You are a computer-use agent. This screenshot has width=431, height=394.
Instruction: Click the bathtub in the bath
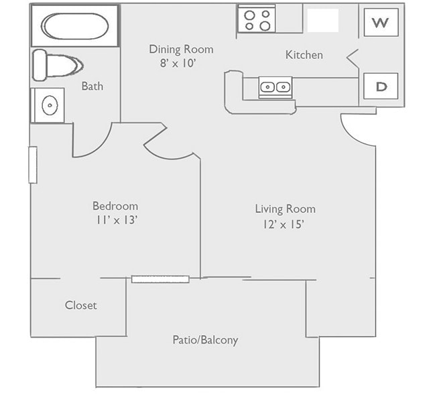[x=74, y=26]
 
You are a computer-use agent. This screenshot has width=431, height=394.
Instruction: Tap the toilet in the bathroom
[x=56, y=65]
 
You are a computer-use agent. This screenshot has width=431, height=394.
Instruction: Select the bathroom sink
[x=48, y=105]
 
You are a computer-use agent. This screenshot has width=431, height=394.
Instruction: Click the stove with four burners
[x=257, y=19]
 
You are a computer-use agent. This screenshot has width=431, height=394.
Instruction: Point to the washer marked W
[x=381, y=23]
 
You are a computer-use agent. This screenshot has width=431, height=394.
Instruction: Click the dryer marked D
[x=381, y=86]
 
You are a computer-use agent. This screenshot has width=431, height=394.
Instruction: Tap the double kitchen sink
[x=275, y=86]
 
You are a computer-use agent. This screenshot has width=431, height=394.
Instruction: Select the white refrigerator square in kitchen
[x=322, y=20]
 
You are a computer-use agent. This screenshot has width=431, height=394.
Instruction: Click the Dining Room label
[x=181, y=49]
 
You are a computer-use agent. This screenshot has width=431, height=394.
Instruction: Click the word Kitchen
[x=304, y=55]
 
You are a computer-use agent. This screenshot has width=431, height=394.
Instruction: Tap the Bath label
[x=93, y=86]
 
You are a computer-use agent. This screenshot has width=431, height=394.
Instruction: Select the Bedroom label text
[x=115, y=206]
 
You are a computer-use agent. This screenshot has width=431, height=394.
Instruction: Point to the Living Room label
[x=285, y=208]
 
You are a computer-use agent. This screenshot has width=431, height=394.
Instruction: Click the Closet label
[x=81, y=305]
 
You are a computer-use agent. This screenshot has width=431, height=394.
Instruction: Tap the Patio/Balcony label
[x=205, y=340]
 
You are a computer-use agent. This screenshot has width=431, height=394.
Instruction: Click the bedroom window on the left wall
[x=32, y=165]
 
